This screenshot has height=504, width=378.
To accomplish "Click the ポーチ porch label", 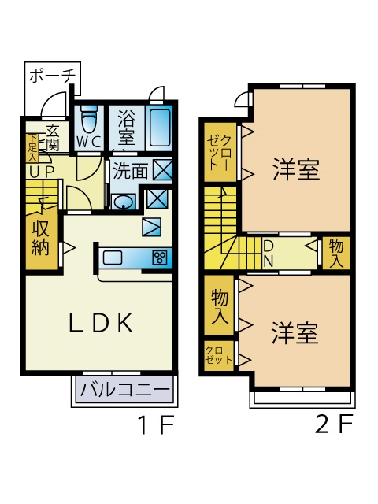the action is point(53,76).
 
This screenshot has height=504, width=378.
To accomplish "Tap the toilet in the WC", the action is point(89,120).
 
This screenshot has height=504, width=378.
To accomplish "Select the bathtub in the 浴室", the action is point(159,128).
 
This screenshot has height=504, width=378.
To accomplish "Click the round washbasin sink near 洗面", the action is point(123,202).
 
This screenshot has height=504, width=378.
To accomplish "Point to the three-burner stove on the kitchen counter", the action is point(160,258).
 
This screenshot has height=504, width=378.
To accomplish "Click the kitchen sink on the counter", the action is point(113,258).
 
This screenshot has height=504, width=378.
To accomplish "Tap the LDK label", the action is point(101,322).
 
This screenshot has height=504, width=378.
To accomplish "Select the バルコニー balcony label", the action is point(124,390).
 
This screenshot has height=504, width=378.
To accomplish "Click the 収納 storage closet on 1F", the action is point(42,243).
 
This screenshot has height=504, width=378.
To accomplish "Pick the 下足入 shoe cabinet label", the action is point(32,147).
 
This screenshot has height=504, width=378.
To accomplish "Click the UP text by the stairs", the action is point(41,172).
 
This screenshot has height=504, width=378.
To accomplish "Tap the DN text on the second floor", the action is point(269,254).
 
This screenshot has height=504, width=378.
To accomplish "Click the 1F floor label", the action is point(156,424).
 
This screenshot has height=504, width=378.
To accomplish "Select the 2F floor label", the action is point(334,424).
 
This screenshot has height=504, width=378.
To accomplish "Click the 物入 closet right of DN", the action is point(336,254).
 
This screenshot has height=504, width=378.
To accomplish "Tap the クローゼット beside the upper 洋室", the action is point(220,153).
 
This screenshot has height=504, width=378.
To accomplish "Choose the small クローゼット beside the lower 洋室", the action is point(219,355).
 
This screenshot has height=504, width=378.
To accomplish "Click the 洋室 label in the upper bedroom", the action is point(296,169).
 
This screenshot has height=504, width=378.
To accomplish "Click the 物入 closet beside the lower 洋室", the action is point(220,306).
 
